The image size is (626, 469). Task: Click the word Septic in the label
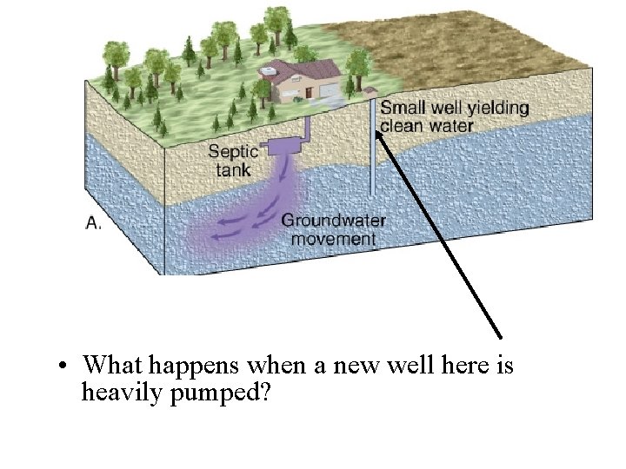pos(233,151)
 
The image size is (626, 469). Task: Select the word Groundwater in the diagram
pos(333,221)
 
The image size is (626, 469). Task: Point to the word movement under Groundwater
pos(334,238)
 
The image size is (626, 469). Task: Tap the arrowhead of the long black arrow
pos(380,132)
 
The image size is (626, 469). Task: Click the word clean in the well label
pos(403,126)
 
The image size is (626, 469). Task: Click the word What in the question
pos(114,365)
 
